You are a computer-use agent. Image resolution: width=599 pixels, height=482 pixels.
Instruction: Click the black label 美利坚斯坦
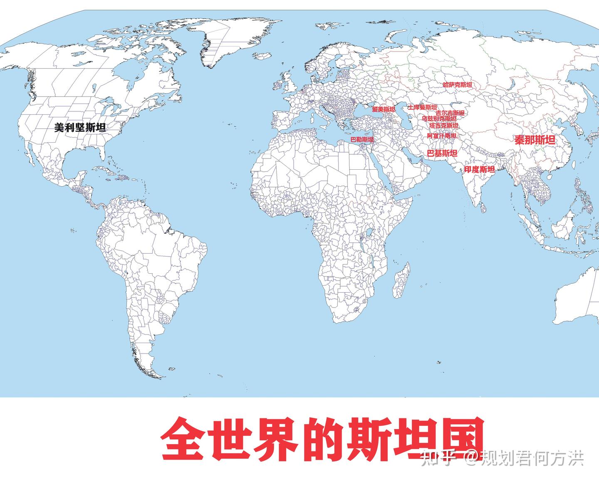pos(80,128)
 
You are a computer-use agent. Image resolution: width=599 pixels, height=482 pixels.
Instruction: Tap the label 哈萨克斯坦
pos(457,85)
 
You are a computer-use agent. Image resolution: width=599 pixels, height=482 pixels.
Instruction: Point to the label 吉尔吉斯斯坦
pos(450,113)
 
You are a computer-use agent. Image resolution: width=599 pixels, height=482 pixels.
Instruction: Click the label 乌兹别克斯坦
pos(439,119)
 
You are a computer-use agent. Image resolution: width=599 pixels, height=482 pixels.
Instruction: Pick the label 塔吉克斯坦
pos(443,125)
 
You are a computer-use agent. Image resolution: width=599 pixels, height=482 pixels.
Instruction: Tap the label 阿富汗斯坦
pos(441,136)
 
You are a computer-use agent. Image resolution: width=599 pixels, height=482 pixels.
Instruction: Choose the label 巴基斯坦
pos(442,153)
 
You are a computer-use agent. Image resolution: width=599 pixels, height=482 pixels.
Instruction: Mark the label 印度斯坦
pos(479,169)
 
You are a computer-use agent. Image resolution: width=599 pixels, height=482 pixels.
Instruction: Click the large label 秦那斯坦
pos(535,140)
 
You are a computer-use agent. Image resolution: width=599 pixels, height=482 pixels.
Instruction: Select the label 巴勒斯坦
pos(362,140)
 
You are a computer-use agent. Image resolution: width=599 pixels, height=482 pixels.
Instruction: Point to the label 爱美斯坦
pos(383,109)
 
